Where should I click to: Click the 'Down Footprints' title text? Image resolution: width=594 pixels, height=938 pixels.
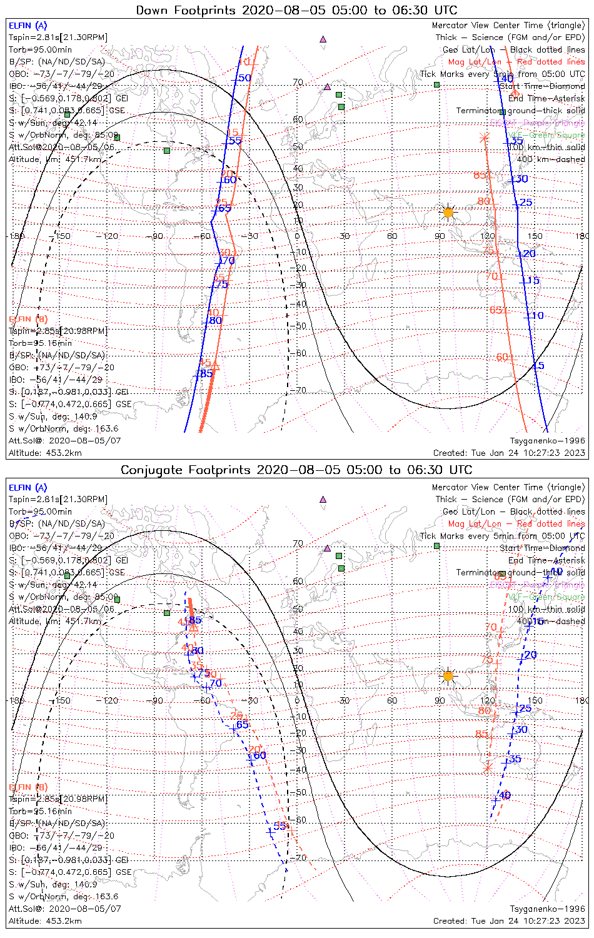pos(296,10)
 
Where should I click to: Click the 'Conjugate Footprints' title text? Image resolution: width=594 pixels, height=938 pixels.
pos(296,470)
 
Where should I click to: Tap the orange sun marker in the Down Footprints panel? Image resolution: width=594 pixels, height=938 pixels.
pos(448,213)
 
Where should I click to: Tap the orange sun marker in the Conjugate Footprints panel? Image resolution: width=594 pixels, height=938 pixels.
pos(448,675)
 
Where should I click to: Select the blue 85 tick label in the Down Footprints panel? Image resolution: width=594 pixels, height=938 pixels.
pos(206,374)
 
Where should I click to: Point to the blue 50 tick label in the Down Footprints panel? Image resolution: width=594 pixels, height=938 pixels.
pos(244,78)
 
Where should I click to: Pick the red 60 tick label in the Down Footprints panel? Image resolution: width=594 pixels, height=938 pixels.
pos(502,357)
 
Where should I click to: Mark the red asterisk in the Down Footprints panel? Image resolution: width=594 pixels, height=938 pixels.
pos(483,138)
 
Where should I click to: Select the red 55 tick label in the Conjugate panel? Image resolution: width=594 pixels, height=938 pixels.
pos(280,826)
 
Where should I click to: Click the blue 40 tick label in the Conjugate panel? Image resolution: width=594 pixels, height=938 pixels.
pos(505,795)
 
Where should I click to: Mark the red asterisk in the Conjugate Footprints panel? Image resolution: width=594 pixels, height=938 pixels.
pos(488,767)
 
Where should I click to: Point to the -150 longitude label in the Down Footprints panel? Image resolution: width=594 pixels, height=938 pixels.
pos(63,236)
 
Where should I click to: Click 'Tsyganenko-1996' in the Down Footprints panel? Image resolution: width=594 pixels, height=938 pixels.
pos(547,441)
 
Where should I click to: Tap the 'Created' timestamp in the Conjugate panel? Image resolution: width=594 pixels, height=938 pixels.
pos(509,920)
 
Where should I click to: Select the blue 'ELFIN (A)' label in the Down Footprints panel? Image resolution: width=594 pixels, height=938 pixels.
pos(28,26)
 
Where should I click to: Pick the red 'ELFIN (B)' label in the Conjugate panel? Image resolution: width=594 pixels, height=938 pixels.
pos(28,787)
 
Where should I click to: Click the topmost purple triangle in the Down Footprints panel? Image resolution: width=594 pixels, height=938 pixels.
pos(323,39)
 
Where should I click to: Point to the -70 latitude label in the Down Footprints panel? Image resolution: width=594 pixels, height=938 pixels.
pos(300,391)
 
